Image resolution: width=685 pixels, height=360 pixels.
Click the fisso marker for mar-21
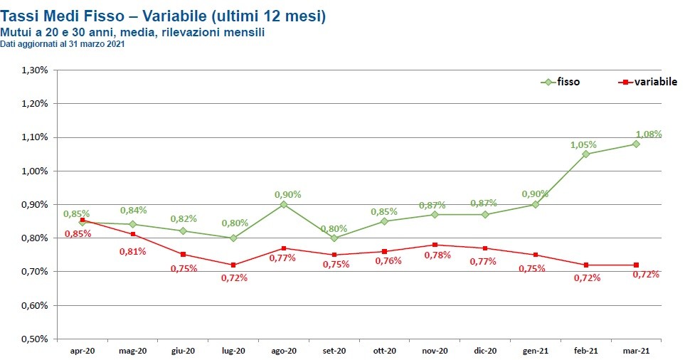pyautogui.click(x=636, y=144)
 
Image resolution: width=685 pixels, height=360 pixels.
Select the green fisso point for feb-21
pyautogui.click(x=585, y=154)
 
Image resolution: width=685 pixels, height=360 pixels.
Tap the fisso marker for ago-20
pyautogui.click(x=284, y=204)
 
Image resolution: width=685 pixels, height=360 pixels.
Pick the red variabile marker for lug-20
pyautogui.click(x=233, y=265)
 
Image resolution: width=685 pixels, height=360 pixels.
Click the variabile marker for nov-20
pyautogui.click(x=435, y=245)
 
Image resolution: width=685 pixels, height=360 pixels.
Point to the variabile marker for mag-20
pyautogui.click(x=133, y=234)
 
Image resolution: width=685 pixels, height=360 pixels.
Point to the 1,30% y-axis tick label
pyautogui.click(x=34, y=70)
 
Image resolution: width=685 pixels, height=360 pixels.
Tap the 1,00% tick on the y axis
pyautogui.click(x=34, y=171)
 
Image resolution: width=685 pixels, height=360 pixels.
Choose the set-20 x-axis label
pyautogui.click(x=334, y=351)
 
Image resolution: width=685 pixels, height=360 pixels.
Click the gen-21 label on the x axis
pyautogui.click(x=536, y=351)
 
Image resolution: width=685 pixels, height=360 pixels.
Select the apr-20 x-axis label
pyautogui.click(x=83, y=351)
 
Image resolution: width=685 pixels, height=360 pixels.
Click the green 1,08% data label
pyautogui.click(x=649, y=134)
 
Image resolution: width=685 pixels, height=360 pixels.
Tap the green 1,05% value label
pyautogui.click(x=583, y=144)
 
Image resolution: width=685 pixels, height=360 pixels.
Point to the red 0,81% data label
pyautogui.click(x=133, y=251)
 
